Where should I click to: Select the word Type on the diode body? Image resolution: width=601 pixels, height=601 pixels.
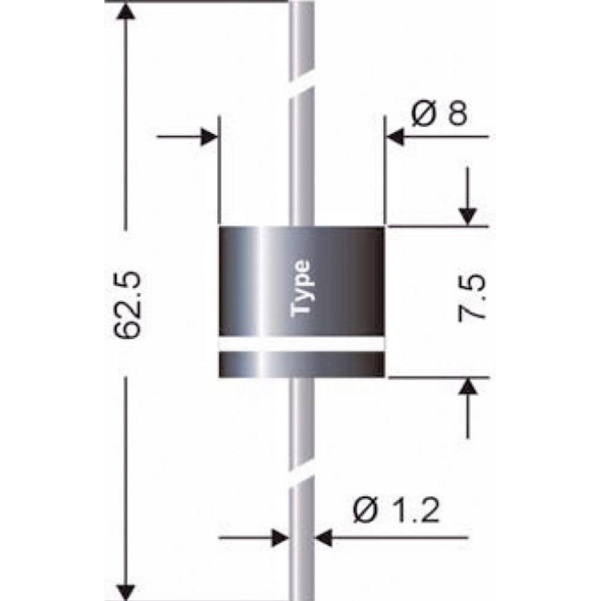click(x=301, y=288)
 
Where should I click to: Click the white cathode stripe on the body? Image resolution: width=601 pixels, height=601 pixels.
click(x=301, y=344)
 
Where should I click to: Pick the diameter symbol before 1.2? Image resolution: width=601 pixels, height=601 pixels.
click(x=364, y=512)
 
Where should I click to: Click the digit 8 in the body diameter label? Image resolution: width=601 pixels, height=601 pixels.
click(x=456, y=113)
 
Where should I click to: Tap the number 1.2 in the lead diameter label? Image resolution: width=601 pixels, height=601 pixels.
click(x=410, y=512)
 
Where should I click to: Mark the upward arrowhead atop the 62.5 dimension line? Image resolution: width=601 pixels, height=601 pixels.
click(x=126, y=13)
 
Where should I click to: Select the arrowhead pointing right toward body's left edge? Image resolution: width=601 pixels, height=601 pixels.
click(x=208, y=138)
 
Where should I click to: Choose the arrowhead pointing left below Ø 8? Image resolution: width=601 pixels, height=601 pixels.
click(x=395, y=138)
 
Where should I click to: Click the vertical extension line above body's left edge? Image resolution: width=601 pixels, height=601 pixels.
click(x=218, y=169)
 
